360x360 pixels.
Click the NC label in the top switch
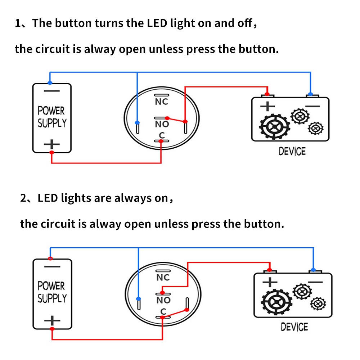point(161,102)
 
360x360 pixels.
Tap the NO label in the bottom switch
point(163,300)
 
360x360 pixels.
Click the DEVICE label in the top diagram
point(292,152)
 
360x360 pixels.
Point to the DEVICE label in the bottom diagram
point(294,327)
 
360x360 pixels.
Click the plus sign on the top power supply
point(52,144)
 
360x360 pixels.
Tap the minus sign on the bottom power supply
point(52,267)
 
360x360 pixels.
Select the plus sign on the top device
point(267,106)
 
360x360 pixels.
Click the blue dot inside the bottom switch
point(138,299)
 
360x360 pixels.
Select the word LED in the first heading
point(157,23)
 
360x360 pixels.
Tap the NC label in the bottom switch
point(163,278)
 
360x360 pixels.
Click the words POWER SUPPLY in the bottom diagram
point(52,292)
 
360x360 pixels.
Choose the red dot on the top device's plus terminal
point(267,94)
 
